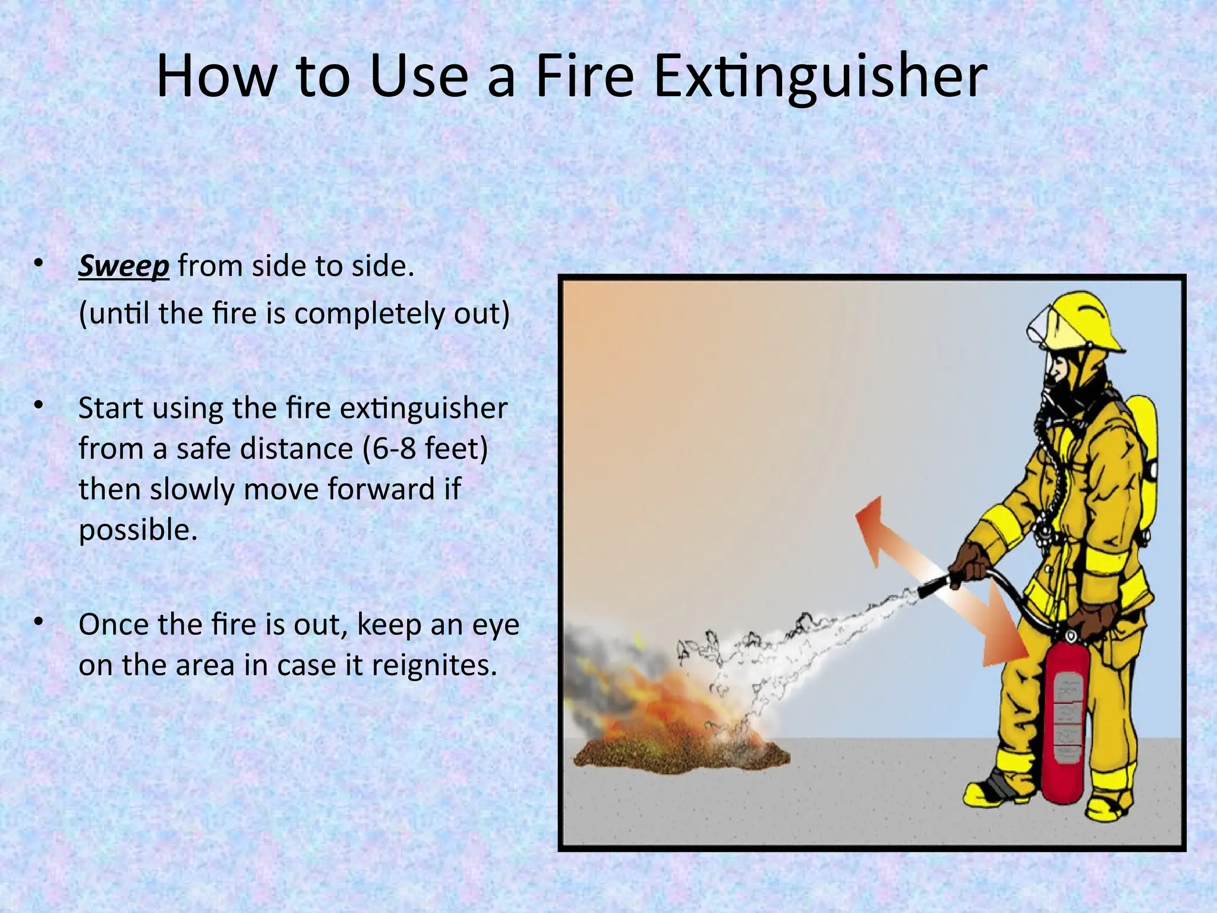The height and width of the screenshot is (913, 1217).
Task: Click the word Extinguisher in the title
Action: pyautogui.click(x=820, y=77)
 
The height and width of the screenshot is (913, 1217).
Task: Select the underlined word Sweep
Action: pyautogui.click(x=124, y=266)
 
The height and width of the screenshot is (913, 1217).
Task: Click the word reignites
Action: pyautogui.click(x=434, y=665)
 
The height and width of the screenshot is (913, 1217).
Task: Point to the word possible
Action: pyautogui.click(x=137, y=529)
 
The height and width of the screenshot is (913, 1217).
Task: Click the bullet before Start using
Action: pyautogui.click(x=39, y=406)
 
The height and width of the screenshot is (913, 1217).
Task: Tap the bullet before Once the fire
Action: pyautogui.click(x=39, y=622)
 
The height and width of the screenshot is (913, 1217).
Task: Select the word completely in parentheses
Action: pyautogui.click(x=369, y=314)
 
